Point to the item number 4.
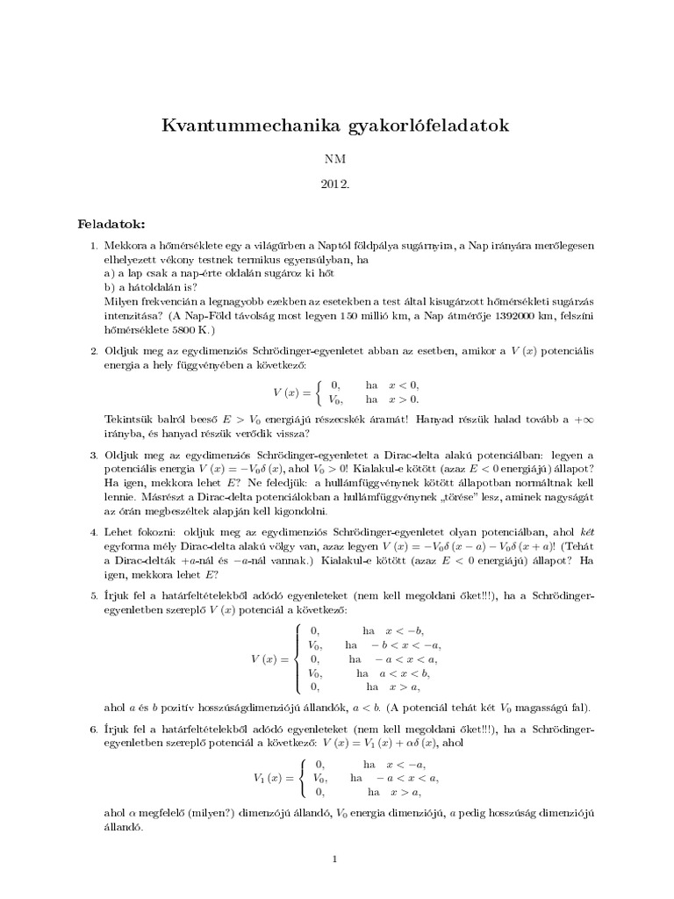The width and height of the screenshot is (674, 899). coord(94,531)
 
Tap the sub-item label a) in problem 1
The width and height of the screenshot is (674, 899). coord(109,273)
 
